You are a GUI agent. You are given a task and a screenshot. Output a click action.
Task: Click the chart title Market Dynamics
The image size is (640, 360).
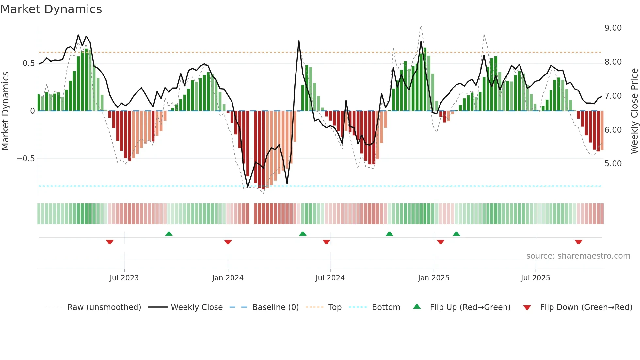tap(51, 9)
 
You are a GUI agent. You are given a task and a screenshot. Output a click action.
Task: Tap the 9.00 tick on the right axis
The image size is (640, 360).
tap(613, 28)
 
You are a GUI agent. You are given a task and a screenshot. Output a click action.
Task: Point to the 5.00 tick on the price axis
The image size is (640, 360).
tap(613, 164)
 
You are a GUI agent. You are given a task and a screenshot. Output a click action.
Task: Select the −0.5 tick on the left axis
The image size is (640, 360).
tap(25, 159)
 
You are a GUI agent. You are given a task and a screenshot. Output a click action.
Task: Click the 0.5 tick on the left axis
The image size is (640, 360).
tap(28, 63)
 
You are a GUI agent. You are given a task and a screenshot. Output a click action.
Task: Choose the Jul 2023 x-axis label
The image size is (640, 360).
tap(124, 278)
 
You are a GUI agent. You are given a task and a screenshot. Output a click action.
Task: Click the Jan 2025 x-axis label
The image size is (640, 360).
tap(434, 278)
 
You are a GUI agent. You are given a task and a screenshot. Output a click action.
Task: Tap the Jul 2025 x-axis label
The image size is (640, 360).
tap(536, 278)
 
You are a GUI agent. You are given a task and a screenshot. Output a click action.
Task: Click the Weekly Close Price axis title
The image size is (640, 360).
tap(634, 111)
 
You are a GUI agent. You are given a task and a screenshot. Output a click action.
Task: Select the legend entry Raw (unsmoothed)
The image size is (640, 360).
tap(104, 307)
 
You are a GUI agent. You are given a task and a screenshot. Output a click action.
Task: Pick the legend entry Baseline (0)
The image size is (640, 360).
tap(275, 307)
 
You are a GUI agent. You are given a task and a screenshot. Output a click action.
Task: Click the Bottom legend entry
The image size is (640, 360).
tap(386, 307)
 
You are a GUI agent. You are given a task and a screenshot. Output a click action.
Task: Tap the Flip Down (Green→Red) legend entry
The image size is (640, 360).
tap(586, 307)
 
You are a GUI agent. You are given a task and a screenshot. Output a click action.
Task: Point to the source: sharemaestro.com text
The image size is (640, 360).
tap(578, 256)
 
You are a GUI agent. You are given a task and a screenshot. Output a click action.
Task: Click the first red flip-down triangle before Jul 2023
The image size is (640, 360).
tap(110, 242)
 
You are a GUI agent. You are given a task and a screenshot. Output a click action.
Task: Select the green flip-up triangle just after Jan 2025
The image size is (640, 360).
tap(456, 234)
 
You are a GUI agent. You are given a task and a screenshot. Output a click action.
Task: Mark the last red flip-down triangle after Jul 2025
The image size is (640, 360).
tap(578, 242)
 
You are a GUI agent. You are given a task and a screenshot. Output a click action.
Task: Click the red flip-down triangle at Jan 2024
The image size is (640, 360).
tap(228, 242)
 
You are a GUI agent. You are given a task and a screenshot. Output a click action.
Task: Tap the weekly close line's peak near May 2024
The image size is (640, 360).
tap(299, 41)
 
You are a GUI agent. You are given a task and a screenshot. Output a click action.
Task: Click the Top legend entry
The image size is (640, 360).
tap(335, 307)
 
